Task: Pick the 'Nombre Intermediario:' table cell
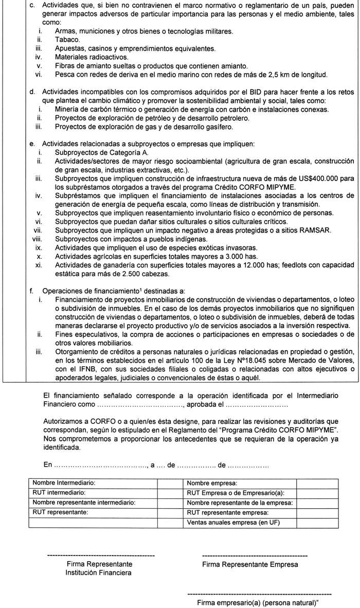pyautogui.click(x=93, y=484)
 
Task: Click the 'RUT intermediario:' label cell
pyautogui.click(x=93, y=493)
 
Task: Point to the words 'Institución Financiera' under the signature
pyautogui.click(x=94, y=573)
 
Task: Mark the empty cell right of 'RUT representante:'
pyautogui.click(x=167, y=512)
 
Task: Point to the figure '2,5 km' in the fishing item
pyautogui.click(x=278, y=75)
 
